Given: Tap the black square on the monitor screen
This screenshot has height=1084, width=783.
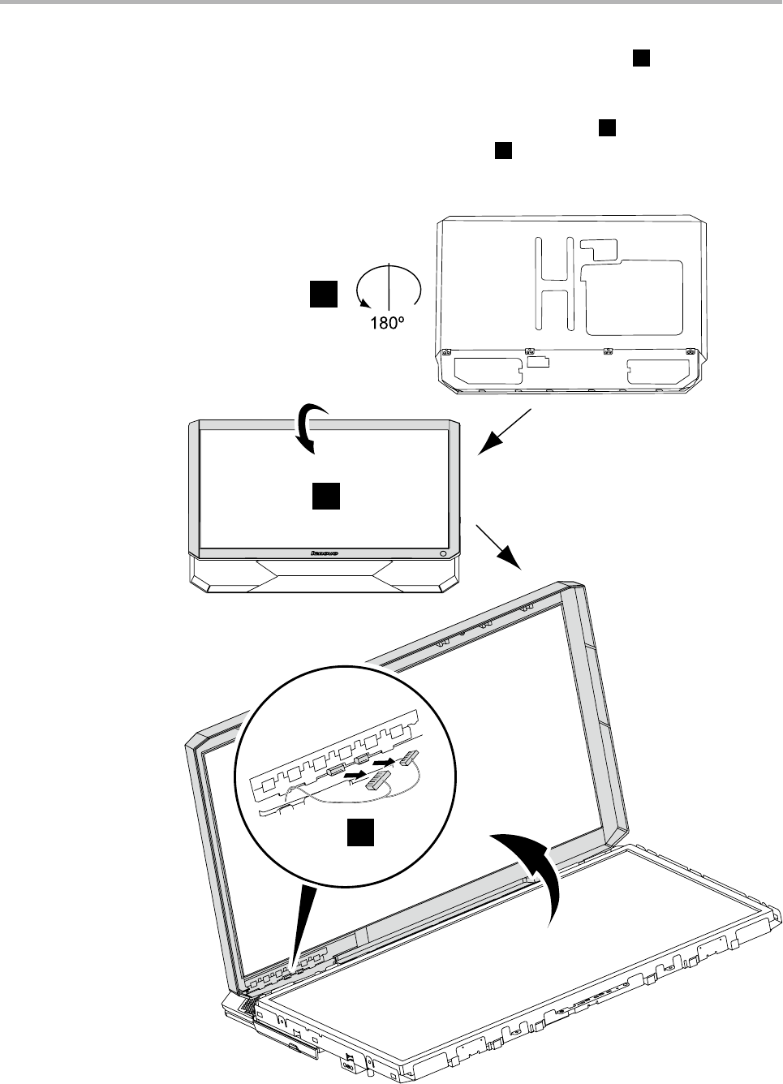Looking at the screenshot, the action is pos(326,496).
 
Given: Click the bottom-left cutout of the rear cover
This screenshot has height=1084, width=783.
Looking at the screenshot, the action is pos(488,372).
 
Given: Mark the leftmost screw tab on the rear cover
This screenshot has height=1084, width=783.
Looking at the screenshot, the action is pos(446,353).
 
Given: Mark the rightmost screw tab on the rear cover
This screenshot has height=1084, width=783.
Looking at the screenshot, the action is pos(690,352).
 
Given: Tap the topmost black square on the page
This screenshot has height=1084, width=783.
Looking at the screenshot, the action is pos(641,57).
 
